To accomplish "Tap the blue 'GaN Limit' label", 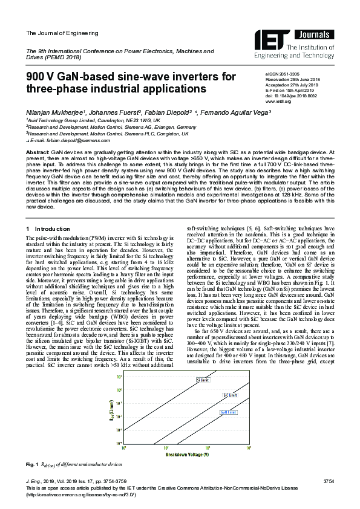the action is [227, 411].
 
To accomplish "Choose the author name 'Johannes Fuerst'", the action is [111, 112].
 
